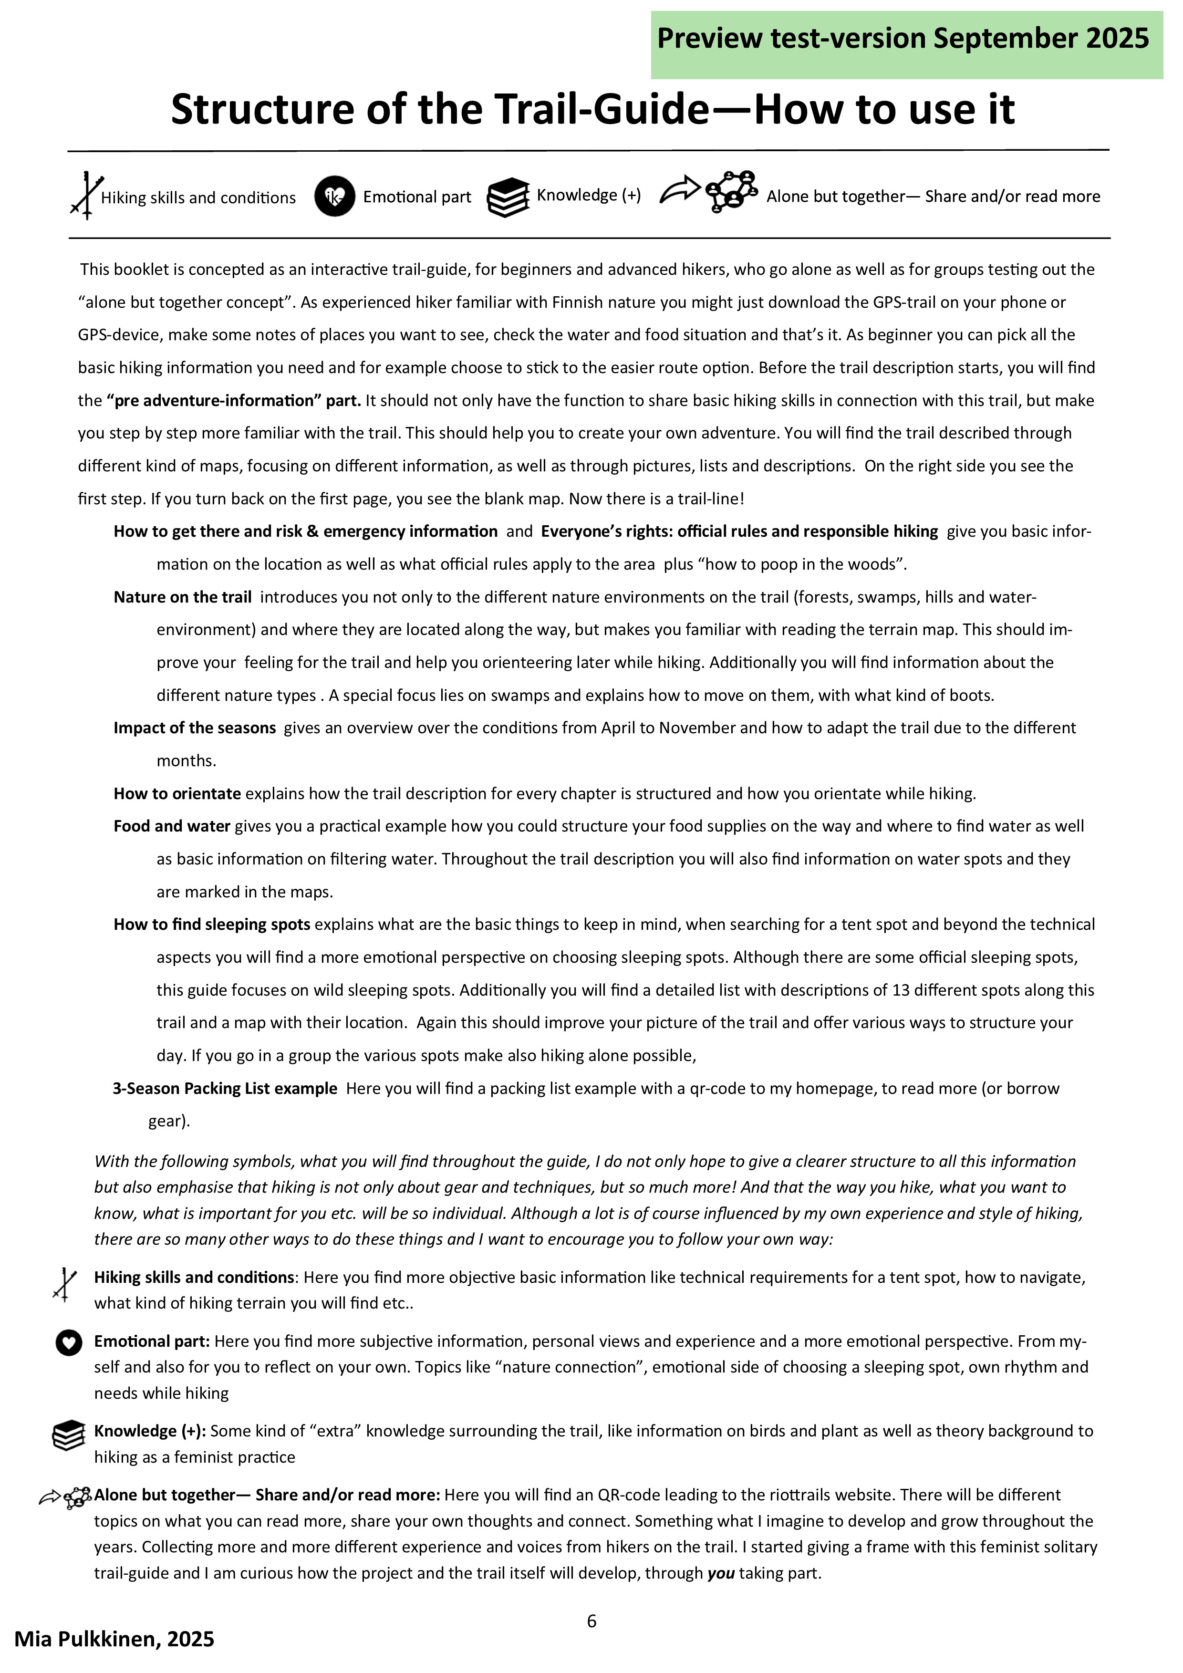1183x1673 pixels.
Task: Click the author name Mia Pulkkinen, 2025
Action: tap(114, 1640)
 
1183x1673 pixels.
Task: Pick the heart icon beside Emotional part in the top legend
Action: tap(334, 197)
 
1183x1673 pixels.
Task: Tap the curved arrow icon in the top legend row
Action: tap(679, 190)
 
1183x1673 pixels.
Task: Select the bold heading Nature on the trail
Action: tap(182, 597)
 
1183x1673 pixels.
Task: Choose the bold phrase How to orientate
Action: tap(177, 793)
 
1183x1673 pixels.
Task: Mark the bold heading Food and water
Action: tap(172, 826)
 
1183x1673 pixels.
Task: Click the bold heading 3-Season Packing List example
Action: tap(225, 1089)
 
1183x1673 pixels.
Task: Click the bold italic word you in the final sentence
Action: tap(720, 1573)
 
